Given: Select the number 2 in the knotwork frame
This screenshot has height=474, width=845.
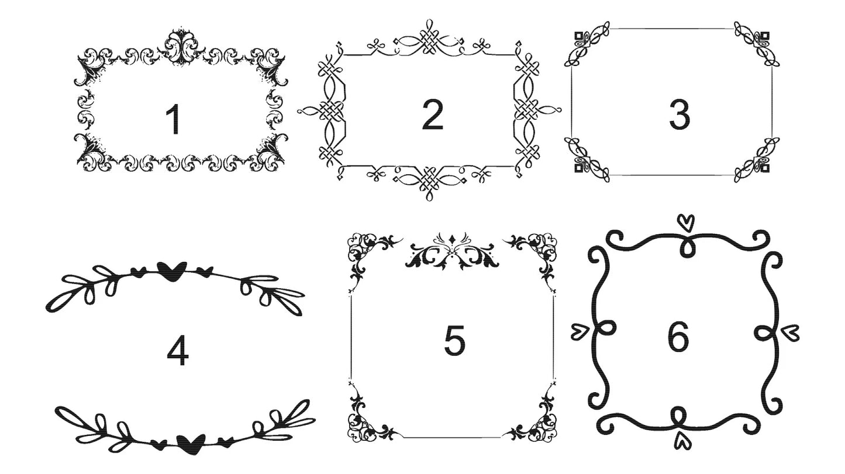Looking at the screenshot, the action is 432,115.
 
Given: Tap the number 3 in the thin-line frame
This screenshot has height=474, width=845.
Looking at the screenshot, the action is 680,115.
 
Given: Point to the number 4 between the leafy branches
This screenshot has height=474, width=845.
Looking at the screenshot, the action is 177,351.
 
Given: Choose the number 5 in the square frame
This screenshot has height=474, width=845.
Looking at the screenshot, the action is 454,341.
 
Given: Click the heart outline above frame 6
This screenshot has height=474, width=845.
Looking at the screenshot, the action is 686,223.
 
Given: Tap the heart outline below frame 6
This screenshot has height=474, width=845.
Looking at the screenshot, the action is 681,440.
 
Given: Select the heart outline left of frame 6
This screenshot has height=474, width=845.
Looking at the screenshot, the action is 580,332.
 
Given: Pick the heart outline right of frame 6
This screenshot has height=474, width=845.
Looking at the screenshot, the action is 790,333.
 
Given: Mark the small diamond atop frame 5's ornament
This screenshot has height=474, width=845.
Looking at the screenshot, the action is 452,239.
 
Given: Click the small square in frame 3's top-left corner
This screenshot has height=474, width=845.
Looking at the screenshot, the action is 579,36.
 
